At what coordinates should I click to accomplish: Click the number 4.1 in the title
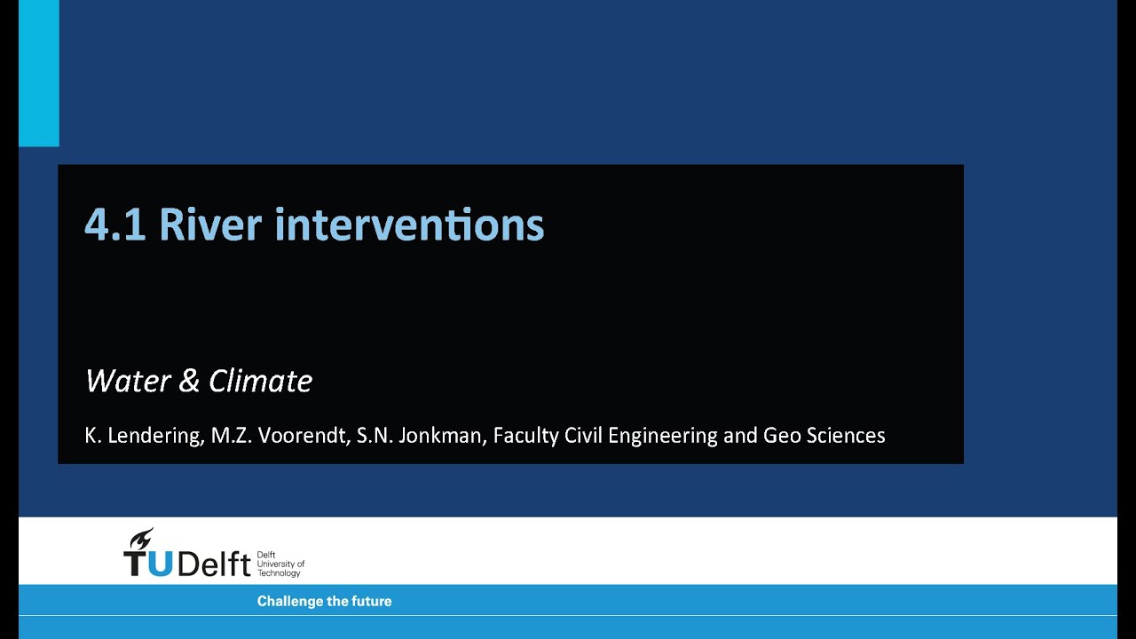tap(115, 225)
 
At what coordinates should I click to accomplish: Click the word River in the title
tap(210, 224)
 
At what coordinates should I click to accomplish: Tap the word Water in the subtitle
tap(129, 381)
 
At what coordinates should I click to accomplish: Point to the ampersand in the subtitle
tap(189, 381)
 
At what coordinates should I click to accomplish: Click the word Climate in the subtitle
tap(261, 381)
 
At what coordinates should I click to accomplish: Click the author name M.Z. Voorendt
tap(280, 435)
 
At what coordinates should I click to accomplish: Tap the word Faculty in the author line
tap(525, 436)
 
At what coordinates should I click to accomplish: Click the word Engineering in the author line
tap(663, 436)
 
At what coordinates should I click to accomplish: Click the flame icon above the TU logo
tap(141, 539)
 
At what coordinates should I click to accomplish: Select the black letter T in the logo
tap(136, 564)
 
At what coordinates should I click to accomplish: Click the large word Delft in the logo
tap(214, 563)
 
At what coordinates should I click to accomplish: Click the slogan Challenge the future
tap(325, 602)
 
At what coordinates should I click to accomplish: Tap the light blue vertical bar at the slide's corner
tap(39, 73)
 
